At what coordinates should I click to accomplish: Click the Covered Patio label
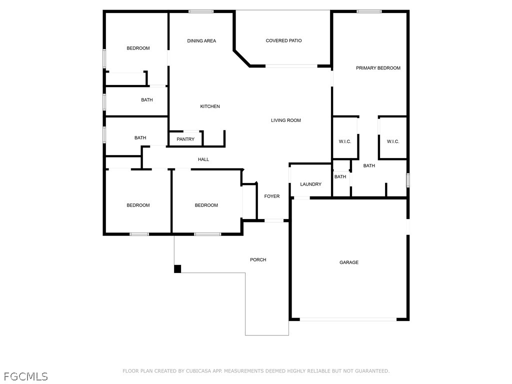coord(283,40)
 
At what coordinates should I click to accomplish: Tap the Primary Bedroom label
coord(378,68)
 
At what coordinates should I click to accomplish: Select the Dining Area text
coord(201,41)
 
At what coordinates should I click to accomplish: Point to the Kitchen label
coord(210,106)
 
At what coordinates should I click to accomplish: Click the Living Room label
coord(285,120)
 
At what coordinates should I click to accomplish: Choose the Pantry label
coord(185,139)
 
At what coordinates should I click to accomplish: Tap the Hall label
coord(203,159)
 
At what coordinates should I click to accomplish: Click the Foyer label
coord(272,196)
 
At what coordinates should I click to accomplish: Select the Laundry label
coord(311,184)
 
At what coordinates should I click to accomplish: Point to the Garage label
coord(349,262)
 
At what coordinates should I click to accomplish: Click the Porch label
coord(258,259)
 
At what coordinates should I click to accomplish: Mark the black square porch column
coord(177,268)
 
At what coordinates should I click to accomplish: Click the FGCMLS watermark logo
coord(26,376)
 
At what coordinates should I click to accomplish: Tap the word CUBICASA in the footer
coord(199,371)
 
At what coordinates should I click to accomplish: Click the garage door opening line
coord(348,319)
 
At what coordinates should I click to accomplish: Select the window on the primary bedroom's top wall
coord(369,11)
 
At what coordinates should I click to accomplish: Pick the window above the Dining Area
coord(201,11)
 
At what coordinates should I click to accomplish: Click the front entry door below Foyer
coord(274,220)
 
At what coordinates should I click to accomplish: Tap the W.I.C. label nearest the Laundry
coord(345,141)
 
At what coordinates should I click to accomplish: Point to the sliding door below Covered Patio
coord(291,66)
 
